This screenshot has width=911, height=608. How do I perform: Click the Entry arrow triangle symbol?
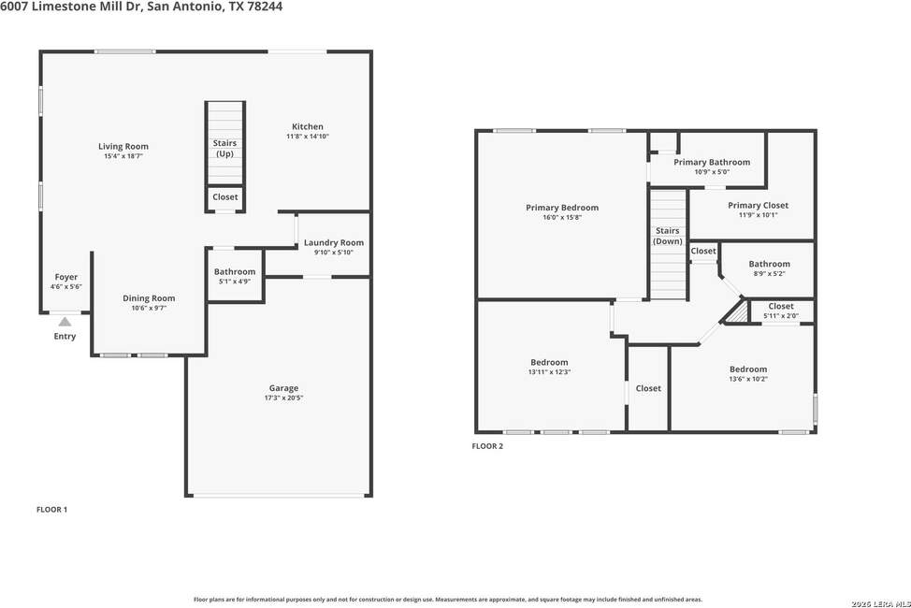point(65,322)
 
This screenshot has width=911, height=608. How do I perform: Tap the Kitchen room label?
point(308,126)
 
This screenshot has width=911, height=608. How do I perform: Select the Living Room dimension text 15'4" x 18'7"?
point(123,156)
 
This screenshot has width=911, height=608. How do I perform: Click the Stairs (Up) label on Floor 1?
point(224,148)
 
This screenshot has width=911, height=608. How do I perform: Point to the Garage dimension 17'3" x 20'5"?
point(283,398)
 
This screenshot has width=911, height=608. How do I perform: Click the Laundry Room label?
point(334,243)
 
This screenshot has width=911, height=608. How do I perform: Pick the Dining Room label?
point(149,298)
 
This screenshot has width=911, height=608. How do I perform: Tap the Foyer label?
point(66,277)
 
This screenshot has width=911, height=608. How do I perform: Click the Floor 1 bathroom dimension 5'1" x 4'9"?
point(235,282)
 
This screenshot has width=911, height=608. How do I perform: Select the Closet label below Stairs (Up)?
point(224,197)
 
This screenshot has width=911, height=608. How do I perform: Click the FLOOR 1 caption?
point(51,510)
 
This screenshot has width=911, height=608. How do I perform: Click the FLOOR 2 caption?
point(487,446)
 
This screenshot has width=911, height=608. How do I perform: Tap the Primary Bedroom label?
point(562,208)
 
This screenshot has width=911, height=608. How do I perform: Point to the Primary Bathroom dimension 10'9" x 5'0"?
point(712,172)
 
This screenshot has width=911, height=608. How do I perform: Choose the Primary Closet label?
point(759,205)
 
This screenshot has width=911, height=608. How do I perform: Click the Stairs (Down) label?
point(668,236)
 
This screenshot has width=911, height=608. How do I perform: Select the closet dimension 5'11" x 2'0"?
point(781,316)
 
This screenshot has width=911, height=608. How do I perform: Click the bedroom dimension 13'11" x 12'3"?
point(549,372)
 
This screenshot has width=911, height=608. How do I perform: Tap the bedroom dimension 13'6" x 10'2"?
point(748,379)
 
